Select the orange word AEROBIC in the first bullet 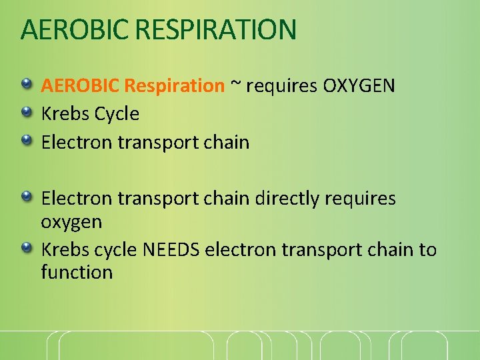(80, 85)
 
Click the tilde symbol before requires (236, 85)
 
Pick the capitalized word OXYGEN (359, 85)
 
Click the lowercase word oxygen (71, 221)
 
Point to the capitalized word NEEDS (171, 250)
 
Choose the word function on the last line (77, 272)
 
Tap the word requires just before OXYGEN (282, 85)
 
